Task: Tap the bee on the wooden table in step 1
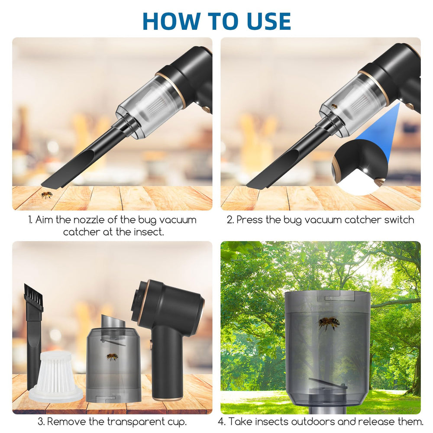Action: pos(47,195)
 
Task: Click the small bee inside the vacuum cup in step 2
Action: pos(334,106)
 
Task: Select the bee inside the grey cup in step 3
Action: pos(112,357)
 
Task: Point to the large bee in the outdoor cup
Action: pos(328,323)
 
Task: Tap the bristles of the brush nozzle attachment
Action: pos(34,294)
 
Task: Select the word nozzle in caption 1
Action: pos(88,220)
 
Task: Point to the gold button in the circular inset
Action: pos(380,181)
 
